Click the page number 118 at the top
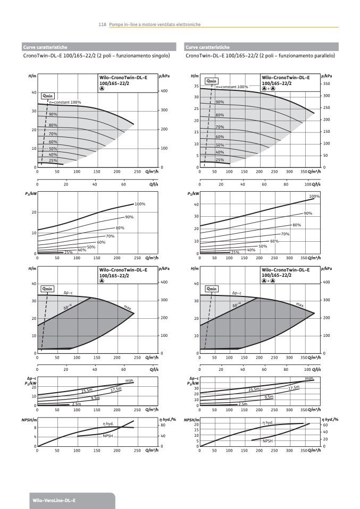coord(103,24)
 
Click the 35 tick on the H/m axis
coord(196,86)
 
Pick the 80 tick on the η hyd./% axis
coord(164,426)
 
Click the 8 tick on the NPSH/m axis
coord(35,427)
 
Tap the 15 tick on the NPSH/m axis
coord(196,430)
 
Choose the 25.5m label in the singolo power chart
coord(87,391)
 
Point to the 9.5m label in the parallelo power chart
coord(269,397)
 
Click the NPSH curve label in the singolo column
coord(108,435)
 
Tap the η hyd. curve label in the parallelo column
coord(267,422)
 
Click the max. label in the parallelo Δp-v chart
coord(300,304)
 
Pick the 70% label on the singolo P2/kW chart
coord(110,236)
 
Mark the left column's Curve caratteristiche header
coord(45,47)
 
